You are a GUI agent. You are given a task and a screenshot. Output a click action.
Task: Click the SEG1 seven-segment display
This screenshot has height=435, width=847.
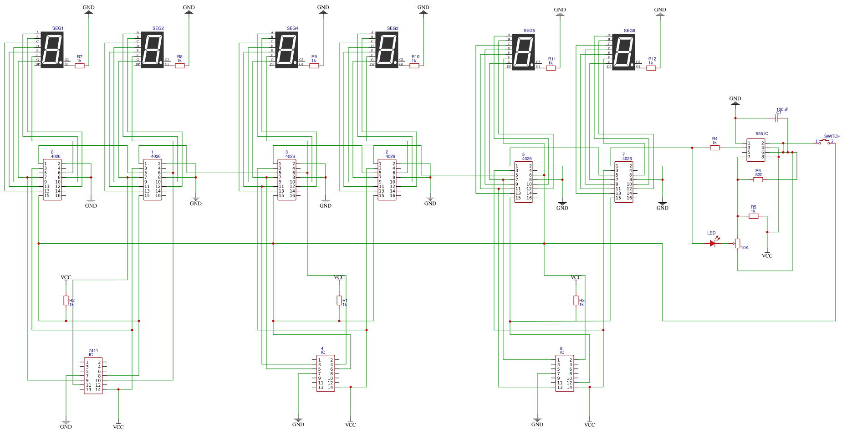[x=52, y=50]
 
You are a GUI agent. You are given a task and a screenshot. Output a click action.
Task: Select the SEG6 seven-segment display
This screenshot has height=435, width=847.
[x=623, y=52]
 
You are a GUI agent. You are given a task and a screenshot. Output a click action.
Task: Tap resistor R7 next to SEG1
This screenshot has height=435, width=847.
[x=80, y=66]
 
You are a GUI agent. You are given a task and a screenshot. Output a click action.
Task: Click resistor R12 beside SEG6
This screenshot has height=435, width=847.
[x=651, y=68]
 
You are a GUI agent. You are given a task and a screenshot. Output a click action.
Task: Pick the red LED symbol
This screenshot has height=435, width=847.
[x=713, y=243]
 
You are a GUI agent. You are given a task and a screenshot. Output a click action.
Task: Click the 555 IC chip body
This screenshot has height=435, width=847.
[x=756, y=150]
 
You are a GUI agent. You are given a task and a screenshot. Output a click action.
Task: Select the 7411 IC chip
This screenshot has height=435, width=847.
[x=93, y=376]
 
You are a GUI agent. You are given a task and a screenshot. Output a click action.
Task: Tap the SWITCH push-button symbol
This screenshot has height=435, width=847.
[x=825, y=142]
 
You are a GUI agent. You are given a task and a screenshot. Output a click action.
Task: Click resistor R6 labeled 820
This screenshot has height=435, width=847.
[x=758, y=179]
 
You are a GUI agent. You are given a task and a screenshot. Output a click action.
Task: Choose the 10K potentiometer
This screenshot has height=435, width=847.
[x=738, y=243]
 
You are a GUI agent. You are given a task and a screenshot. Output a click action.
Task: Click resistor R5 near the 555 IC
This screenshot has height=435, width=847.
[x=754, y=216]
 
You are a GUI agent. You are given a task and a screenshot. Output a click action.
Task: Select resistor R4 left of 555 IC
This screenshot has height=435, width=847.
[x=715, y=148]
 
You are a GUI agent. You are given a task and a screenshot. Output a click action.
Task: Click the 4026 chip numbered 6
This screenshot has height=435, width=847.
[x=52, y=179]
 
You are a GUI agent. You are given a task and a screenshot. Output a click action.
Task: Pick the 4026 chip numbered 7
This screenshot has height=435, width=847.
[x=624, y=182]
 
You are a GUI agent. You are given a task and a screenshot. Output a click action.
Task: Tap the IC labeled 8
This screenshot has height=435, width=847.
[x=565, y=373]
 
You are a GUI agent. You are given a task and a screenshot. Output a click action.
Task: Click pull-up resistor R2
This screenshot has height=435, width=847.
[x=66, y=300]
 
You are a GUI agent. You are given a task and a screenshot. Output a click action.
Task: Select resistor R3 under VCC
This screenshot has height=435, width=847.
[x=576, y=300]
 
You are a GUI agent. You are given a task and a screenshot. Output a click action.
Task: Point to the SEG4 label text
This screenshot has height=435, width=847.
[x=292, y=28]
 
